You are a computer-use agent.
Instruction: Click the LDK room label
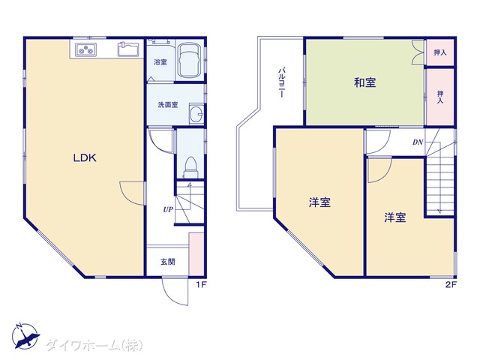(x=85, y=158)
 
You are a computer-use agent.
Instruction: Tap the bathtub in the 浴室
(x=190, y=60)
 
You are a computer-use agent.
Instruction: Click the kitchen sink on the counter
(x=128, y=49)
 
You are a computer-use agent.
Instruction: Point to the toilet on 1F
(x=190, y=167)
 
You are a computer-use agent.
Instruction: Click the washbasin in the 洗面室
(x=196, y=113)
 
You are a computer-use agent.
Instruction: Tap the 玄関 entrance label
(x=168, y=262)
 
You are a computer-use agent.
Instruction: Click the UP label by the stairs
(x=168, y=210)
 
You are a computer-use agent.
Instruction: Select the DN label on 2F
(x=418, y=142)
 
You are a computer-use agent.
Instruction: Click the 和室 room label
(x=365, y=82)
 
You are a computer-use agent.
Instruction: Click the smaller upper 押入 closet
(x=440, y=52)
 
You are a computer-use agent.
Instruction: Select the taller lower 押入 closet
(x=440, y=97)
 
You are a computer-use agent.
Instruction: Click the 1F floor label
(x=202, y=285)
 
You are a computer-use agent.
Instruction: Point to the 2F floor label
(x=451, y=285)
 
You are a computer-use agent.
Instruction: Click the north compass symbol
(x=25, y=336)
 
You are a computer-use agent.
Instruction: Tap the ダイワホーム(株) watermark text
(x=94, y=345)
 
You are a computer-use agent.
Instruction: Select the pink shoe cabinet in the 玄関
(x=196, y=254)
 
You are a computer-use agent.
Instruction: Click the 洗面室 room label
(x=168, y=105)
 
